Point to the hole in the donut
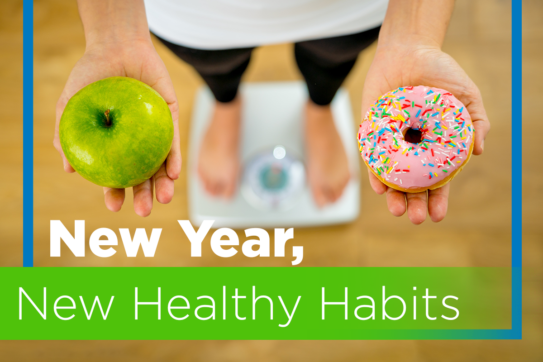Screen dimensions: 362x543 [x=413, y=135]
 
